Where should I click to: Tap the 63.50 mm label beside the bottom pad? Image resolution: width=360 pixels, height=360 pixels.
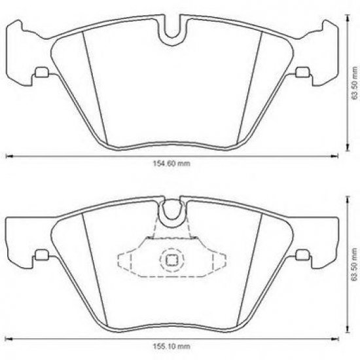pyautogui.click(x=353, y=262)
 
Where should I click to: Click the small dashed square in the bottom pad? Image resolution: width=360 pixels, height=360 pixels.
pyautogui.click(x=171, y=260)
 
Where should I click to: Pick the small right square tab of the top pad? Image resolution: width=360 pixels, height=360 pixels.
pyautogui.click(x=302, y=73)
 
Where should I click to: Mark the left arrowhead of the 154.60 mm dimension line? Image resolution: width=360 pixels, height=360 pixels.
pyautogui.click(x=8, y=156)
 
